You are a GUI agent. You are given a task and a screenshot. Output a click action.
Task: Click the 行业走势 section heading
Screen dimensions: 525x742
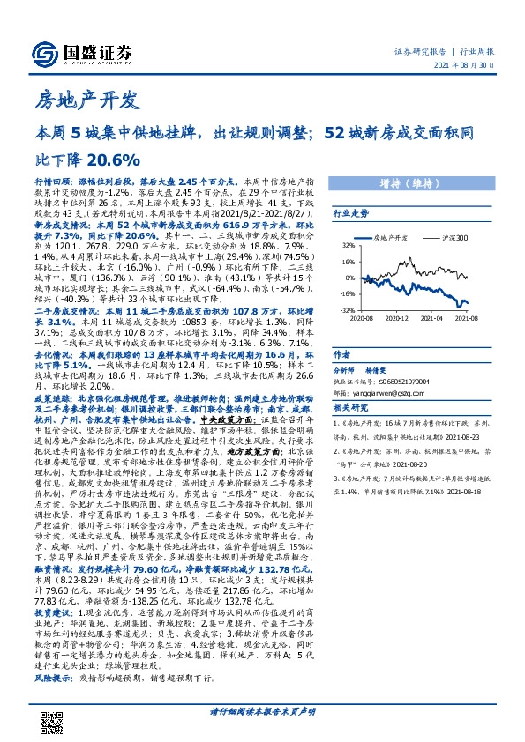click(x=349, y=213)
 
